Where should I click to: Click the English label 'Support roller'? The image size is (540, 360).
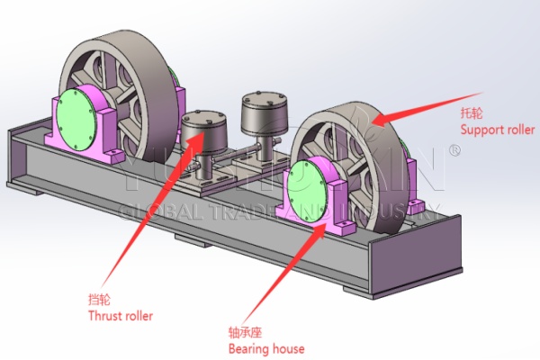[498, 130]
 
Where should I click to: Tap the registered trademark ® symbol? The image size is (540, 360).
[454, 152]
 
